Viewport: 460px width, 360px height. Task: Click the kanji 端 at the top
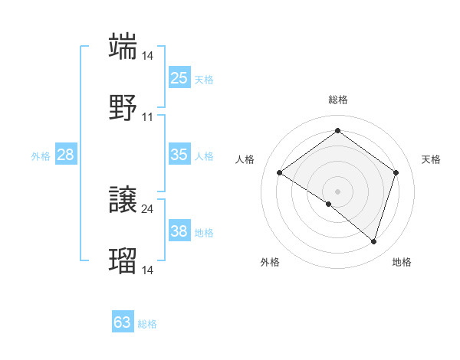(x=123, y=45)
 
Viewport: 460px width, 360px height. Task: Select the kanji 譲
(x=123, y=199)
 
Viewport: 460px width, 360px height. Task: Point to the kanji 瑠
(x=123, y=260)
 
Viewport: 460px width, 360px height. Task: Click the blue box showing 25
(x=179, y=78)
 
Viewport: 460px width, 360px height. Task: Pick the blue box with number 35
(x=179, y=155)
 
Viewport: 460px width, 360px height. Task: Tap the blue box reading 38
(x=179, y=231)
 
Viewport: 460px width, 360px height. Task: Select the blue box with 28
(x=65, y=155)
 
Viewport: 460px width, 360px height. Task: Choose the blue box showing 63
(x=123, y=322)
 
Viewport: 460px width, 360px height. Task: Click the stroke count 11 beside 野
(x=148, y=117)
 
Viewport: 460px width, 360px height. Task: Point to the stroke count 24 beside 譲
(x=148, y=208)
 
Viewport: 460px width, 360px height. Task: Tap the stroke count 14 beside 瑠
(x=148, y=270)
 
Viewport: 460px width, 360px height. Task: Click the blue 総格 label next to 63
(x=147, y=324)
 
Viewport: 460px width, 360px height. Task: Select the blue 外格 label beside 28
(x=41, y=156)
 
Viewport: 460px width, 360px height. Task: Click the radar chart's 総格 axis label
(x=337, y=100)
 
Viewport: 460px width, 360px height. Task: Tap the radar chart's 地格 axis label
(x=402, y=262)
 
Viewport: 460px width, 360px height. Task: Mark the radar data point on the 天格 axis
(x=396, y=172)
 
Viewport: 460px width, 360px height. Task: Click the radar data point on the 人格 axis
(x=280, y=172)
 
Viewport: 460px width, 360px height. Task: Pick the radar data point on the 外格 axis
(x=329, y=204)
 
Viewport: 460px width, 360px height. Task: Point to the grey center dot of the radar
(x=337, y=191)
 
